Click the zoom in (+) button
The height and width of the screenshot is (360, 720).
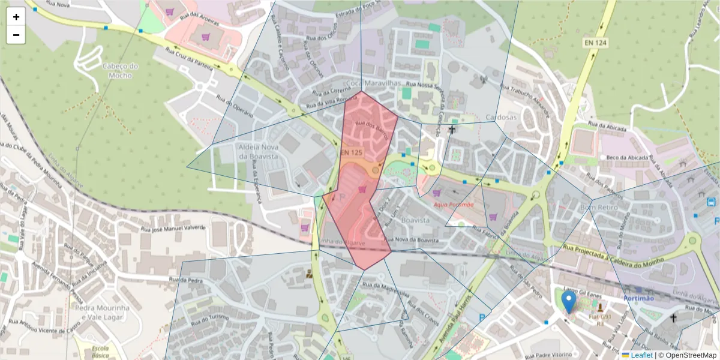pyautogui.click(x=16, y=17)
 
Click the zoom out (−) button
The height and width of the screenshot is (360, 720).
pyautogui.click(x=16, y=35)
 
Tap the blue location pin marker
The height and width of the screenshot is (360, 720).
pyautogui.click(x=568, y=302)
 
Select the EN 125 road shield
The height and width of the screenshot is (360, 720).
pyautogui.click(x=352, y=153)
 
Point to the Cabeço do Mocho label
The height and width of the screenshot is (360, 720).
pyautogui.click(x=121, y=71)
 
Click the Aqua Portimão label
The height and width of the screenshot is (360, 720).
pyautogui.click(x=454, y=205)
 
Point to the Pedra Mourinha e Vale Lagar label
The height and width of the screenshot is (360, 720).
pyautogui.click(x=101, y=311)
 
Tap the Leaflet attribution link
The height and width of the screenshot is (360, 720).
pyautogui.click(x=642, y=355)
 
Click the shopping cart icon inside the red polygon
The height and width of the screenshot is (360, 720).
pyautogui.click(x=362, y=189)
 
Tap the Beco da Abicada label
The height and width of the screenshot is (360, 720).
pyautogui.click(x=628, y=157)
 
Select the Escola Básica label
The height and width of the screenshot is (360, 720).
pyautogui.click(x=96, y=352)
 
